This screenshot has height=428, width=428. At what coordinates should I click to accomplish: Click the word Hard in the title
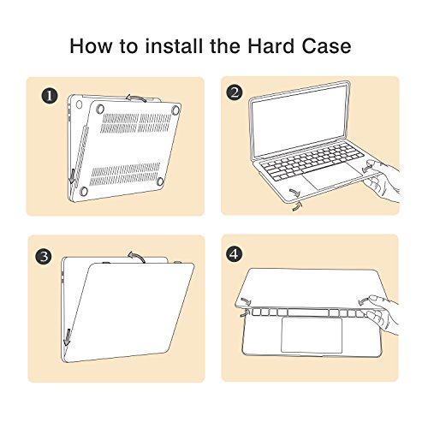tap(270, 45)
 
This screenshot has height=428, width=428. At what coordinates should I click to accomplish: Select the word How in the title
tap(91, 46)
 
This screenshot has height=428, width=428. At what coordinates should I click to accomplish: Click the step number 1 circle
tap(50, 96)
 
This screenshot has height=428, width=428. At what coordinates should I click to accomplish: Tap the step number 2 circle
tap(235, 92)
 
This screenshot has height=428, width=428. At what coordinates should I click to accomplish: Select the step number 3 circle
tap(44, 257)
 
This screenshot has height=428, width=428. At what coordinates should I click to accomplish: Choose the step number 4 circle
tap(234, 253)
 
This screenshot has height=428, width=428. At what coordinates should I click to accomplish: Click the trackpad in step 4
tap(312, 335)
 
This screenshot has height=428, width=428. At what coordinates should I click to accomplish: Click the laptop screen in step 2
tap(300, 122)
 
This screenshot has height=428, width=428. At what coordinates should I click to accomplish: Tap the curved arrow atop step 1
tap(136, 98)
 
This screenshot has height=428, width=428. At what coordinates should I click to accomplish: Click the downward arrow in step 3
tap(67, 337)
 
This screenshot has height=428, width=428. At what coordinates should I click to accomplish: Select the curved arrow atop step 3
tap(137, 256)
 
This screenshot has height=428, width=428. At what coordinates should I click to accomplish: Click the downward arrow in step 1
tap(73, 177)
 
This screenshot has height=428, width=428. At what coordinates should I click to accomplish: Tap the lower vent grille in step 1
tap(125, 174)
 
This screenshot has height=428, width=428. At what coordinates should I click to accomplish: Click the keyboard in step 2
tap(313, 161)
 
